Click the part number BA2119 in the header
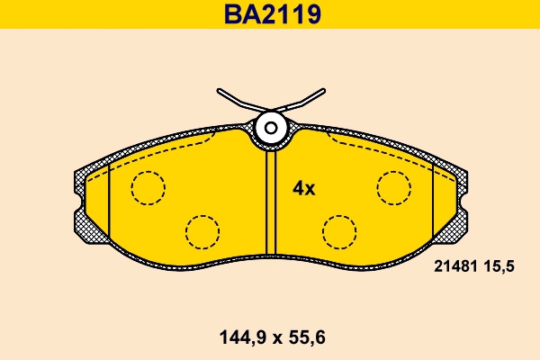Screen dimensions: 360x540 click(270, 14)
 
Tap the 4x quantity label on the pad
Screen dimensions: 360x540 click(303, 189)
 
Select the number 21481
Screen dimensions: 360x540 click(455, 266)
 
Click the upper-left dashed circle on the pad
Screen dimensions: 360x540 click(148, 187)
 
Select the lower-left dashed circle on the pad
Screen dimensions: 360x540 click(202, 231)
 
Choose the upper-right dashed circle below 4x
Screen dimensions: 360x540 click(394, 187)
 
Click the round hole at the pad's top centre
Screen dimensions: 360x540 click(270, 129)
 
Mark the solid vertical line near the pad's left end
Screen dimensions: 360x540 click(108, 202)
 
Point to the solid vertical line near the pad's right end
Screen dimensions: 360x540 click(434, 202)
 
